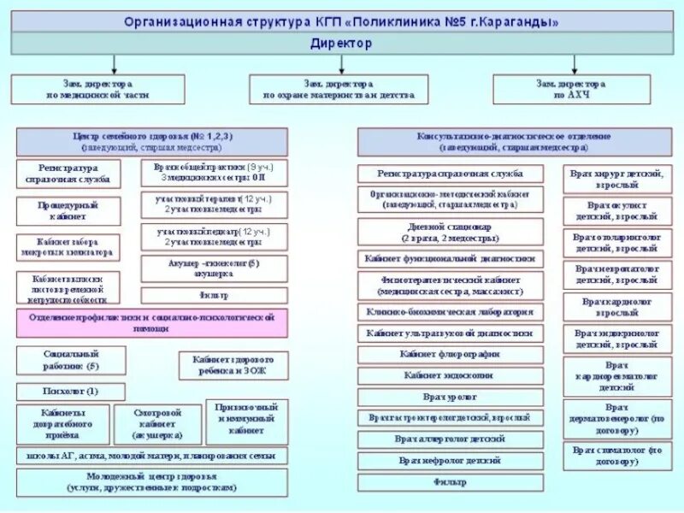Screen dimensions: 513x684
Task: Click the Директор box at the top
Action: pos(342,42)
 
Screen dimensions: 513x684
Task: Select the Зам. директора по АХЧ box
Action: pos(571,90)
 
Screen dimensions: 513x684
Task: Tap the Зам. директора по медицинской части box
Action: pos(97,90)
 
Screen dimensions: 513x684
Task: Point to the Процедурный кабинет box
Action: pos(68,211)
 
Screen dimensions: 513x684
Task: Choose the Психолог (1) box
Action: pos(70,392)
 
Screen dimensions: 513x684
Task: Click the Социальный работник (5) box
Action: pos(70,360)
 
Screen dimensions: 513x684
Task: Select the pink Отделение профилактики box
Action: pos(151,322)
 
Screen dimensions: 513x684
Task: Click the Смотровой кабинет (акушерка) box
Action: pos(157,424)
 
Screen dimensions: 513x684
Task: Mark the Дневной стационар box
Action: pos(450,233)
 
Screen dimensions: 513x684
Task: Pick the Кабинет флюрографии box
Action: pos(450,354)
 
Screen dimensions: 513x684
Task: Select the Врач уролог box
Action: pos(450,397)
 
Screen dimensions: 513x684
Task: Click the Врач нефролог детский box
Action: pos(450,461)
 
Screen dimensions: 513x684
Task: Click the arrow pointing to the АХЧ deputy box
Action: pos(571,64)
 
